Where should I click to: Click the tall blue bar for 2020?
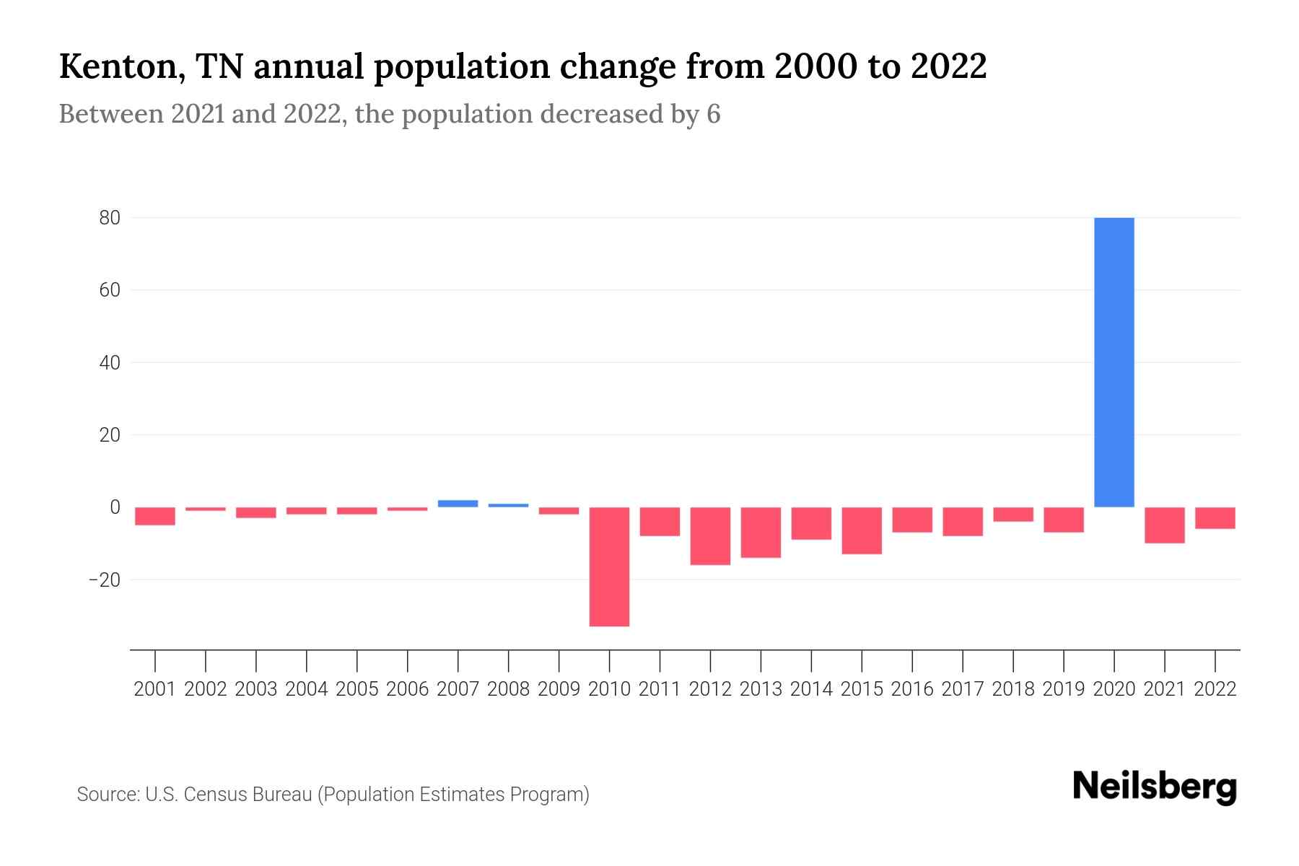(1114, 362)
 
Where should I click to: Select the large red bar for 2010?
(609, 567)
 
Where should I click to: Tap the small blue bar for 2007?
(458, 503)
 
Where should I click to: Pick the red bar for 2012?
(710, 535)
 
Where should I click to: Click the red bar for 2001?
(155, 516)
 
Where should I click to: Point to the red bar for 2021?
(1164, 525)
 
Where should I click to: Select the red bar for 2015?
(862, 530)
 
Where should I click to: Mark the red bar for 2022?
(1215, 517)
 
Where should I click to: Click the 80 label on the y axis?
(110, 218)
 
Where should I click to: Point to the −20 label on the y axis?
(105, 579)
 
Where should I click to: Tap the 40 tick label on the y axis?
(110, 362)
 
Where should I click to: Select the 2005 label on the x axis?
(357, 689)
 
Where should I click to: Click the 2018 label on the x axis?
(1013, 689)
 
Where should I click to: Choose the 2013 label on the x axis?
(761, 689)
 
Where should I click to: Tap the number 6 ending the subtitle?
(713, 114)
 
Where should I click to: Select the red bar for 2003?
(256, 512)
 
